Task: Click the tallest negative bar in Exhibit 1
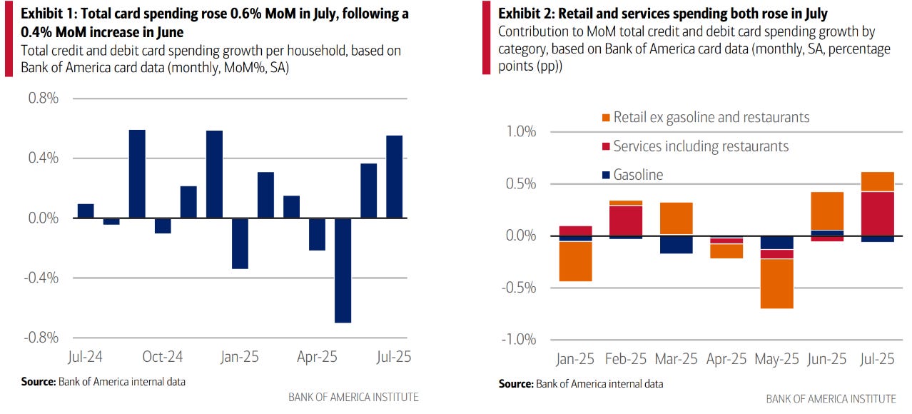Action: [x=343, y=270]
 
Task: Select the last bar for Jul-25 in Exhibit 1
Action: [x=395, y=176]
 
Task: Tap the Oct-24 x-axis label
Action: [x=163, y=355]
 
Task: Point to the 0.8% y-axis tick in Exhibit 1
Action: [x=44, y=99]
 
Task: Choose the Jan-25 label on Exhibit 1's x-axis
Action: [x=240, y=355]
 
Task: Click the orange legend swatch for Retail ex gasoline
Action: [x=606, y=117]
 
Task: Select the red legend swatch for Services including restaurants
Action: [x=606, y=146]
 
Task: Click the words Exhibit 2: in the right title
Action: [x=529, y=14]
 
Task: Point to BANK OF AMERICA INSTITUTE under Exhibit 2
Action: [x=831, y=398]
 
